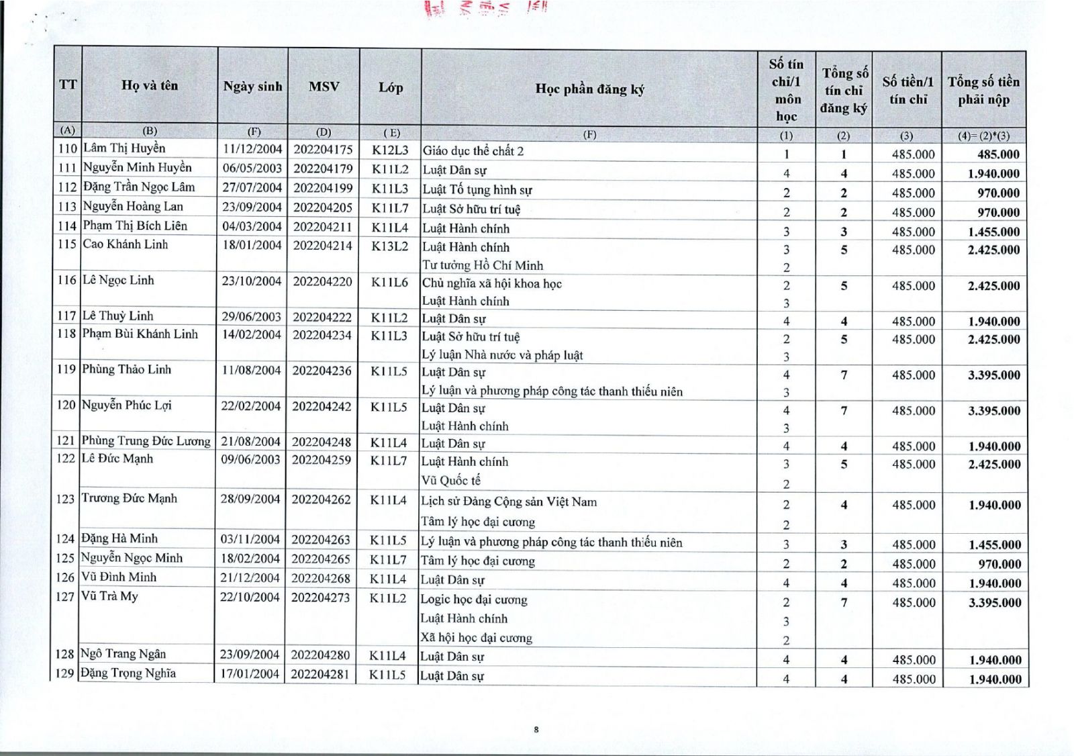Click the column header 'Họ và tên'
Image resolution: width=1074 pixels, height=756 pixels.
[150, 85]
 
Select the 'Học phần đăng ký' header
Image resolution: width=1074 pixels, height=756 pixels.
[589, 89]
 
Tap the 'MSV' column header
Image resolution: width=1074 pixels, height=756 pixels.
[324, 87]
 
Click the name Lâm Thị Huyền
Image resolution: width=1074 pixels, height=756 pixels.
[124, 148]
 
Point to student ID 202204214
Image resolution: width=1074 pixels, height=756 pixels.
[322, 246]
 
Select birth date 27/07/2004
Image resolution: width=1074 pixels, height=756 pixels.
[252, 187]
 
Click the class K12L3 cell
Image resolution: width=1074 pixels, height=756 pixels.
[390, 150]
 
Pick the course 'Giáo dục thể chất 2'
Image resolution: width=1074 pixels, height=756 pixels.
[473, 151]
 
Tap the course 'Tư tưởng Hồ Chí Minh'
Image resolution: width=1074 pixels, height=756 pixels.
[483, 265]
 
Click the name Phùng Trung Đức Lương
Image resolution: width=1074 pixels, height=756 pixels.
[146, 441]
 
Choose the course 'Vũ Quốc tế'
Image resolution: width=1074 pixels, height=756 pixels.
[451, 480]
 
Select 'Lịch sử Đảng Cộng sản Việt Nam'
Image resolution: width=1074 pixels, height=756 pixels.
[509, 502]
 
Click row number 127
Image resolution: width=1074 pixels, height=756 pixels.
[65, 596]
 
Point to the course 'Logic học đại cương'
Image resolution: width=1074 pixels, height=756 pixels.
[474, 600]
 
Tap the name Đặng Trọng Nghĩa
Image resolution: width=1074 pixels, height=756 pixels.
[128, 673]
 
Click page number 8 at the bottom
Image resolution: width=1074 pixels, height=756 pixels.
[536, 729]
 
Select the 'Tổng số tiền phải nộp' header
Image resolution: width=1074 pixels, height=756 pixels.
[983, 91]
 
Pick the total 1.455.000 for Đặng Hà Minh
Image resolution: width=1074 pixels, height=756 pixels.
[994, 545]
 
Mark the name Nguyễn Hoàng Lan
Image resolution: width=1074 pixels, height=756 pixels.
[133, 207]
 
